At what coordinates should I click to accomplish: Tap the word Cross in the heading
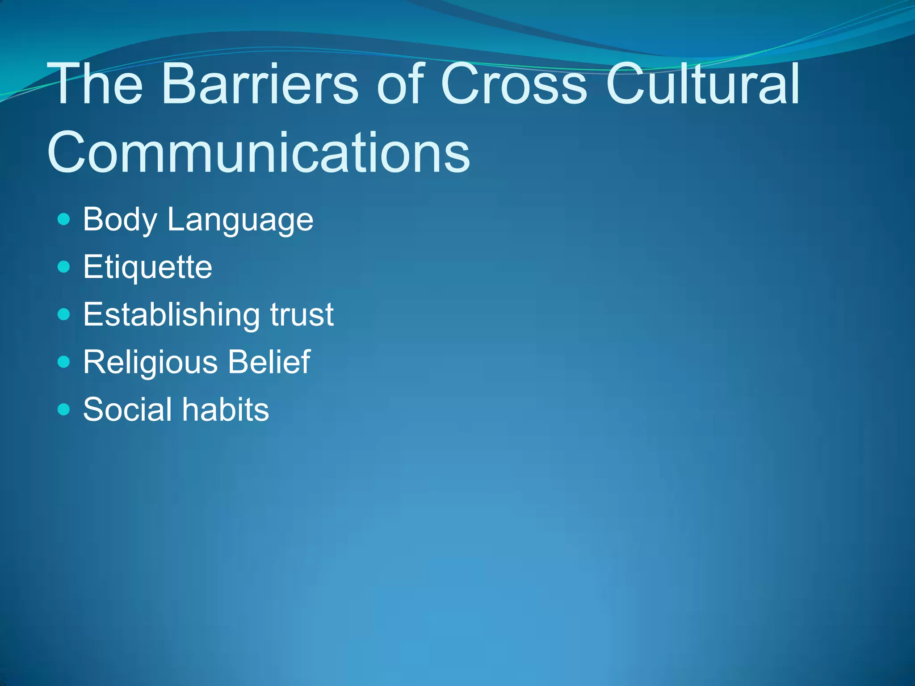point(513,84)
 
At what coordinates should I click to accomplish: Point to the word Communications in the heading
point(259,153)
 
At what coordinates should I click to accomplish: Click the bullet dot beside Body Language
point(64,219)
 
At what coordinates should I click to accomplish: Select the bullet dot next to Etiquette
point(64,267)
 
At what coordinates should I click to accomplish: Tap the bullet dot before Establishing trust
point(64,314)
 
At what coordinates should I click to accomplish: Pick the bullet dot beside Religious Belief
point(64,362)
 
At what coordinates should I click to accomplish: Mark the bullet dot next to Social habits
point(64,410)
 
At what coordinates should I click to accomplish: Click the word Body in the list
point(120,220)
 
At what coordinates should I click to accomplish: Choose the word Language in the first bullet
point(240,220)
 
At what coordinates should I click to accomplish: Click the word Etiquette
point(147,268)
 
